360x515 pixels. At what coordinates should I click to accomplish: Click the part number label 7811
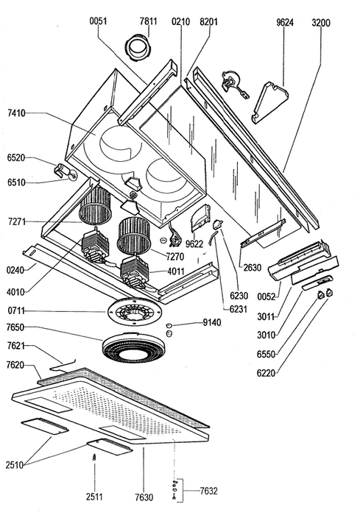click(x=148, y=21)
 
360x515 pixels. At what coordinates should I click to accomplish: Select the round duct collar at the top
click(x=138, y=48)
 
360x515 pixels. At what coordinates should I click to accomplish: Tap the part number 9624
click(x=285, y=22)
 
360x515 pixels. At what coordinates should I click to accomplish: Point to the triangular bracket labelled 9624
click(x=269, y=102)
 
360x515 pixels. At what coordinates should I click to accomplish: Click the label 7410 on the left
click(x=16, y=113)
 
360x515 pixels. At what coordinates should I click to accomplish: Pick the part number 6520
click(x=16, y=157)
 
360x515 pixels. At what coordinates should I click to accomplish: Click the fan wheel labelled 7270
click(x=135, y=235)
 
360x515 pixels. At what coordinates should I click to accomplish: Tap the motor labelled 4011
click(x=134, y=272)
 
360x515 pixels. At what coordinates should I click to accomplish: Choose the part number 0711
click(x=16, y=310)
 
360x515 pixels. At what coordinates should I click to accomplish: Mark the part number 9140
click(x=212, y=322)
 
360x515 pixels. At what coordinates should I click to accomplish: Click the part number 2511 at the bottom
click(x=94, y=497)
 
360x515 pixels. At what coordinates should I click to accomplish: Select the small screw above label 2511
click(x=95, y=458)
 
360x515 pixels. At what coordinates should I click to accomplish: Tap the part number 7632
click(x=209, y=491)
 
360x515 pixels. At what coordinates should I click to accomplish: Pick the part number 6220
click(x=266, y=373)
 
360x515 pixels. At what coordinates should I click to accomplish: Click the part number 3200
click(x=321, y=23)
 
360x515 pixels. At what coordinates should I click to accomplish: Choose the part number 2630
click(x=253, y=268)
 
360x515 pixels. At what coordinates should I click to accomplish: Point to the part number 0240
click(x=15, y=270)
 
